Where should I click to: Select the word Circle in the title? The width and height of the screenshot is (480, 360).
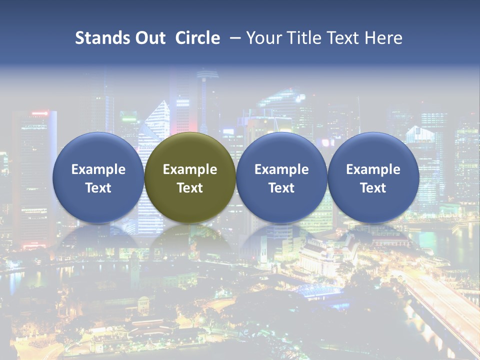click(197, 38)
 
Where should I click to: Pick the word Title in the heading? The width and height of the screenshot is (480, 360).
click(305, 38)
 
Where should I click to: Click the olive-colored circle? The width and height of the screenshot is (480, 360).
click(190, 178)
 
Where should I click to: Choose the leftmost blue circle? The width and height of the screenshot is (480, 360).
click(98, 178)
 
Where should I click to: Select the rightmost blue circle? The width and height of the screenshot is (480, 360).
click(373, 178)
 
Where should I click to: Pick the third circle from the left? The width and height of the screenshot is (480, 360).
click(281, 178)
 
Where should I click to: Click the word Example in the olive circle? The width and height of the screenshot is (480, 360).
click(190, 169)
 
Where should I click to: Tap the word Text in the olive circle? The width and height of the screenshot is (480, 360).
click(190, 188)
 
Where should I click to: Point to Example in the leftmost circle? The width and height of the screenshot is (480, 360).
click(98, 169)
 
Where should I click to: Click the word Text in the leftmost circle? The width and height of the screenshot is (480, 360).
click(98, 188)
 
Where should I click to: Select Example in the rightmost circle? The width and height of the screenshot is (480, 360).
click(373, 169)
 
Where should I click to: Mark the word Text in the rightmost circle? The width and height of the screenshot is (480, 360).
click(373, 188)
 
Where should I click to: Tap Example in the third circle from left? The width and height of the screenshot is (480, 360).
click(281, 169)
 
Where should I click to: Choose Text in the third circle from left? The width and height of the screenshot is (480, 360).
click(281, 188)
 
